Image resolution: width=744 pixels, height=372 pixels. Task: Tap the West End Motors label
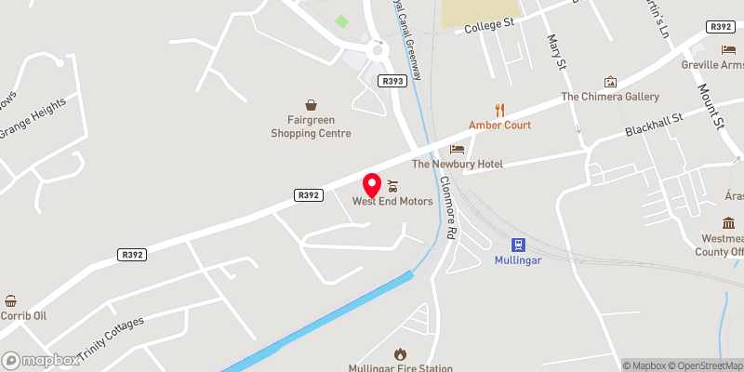point(392,202)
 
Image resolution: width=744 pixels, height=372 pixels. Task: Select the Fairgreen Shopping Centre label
point(311,126)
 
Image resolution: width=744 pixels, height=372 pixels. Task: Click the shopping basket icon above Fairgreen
point(311,104)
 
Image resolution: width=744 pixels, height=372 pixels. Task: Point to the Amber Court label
point(499,125)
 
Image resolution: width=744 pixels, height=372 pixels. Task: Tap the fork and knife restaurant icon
point(499,108)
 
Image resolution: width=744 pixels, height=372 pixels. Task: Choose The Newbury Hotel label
point(457,165)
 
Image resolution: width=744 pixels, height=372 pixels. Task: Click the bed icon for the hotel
point(457,149)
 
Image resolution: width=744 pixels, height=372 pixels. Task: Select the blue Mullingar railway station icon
point(519,246)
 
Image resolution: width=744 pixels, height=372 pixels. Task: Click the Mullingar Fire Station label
point(400,367)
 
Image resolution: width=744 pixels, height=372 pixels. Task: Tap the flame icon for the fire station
point(400,353)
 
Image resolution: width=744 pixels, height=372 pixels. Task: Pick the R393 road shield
point(392,82)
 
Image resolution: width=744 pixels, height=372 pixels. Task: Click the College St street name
point(490,29)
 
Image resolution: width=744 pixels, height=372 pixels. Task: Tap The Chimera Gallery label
point(609,97)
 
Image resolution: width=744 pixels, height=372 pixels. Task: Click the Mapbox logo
point(40,360)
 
